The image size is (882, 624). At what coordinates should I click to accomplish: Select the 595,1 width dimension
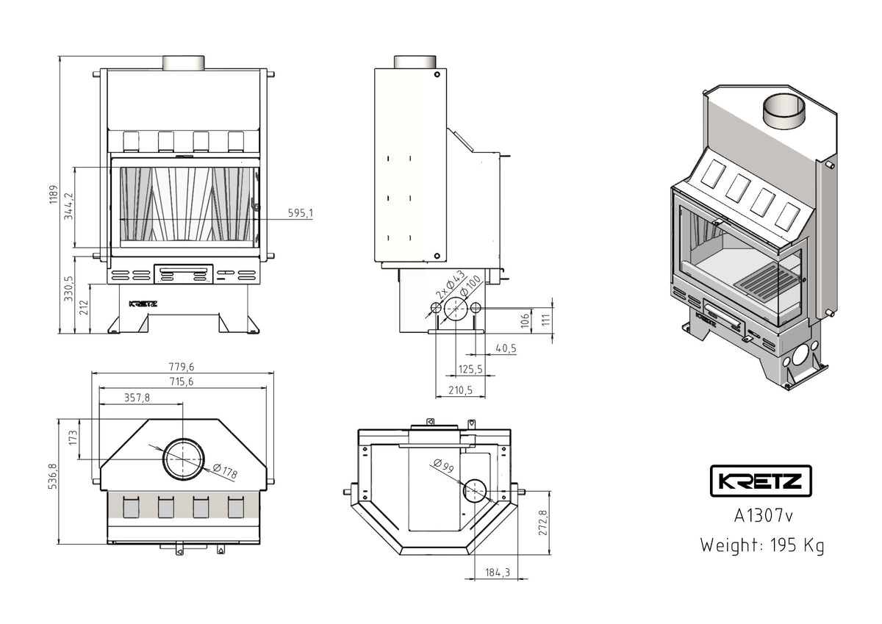click(x=300, y=213)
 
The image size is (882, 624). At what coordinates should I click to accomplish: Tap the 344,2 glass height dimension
click(x=69, y=207)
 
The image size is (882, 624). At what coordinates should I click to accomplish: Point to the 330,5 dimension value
click(x=69, y=288)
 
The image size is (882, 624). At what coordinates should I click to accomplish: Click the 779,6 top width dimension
click(x=182, y=367)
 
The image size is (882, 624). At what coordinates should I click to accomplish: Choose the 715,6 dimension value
click(x=182, y=381)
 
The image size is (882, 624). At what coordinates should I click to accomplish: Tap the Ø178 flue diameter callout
click(x=224, y=472)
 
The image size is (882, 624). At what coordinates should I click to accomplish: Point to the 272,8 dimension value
click(x=543, y=523)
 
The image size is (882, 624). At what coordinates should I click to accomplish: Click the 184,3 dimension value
click(x=498, y=573)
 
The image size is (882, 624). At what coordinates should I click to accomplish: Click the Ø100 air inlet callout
click(x=470, y=284)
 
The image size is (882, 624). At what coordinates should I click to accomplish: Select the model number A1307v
click(x=763, y=515)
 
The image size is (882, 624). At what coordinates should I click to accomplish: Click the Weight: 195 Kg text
click(x=761, y=545)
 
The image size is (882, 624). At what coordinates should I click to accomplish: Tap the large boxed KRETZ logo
click(x=760, y=482)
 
